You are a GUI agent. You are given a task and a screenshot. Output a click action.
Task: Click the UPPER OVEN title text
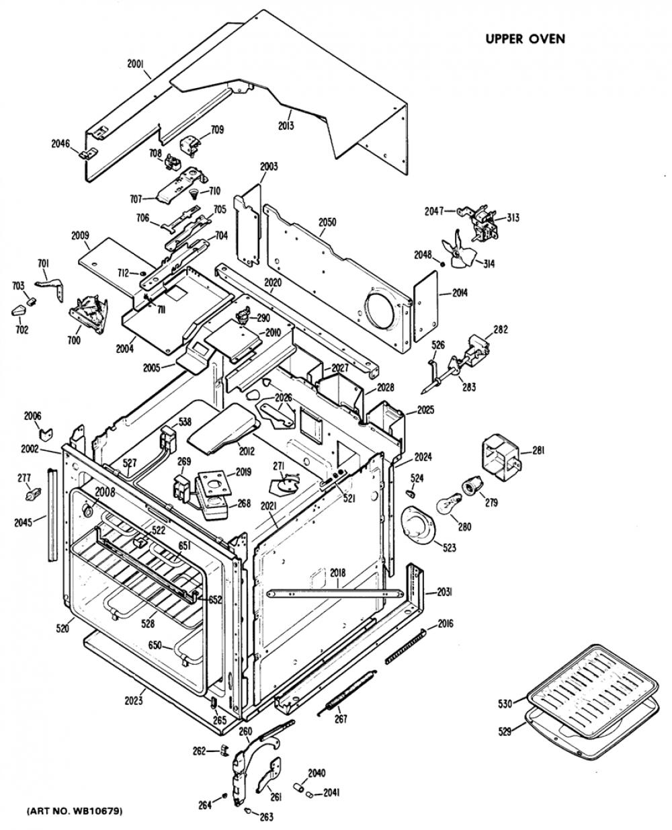[525, 38]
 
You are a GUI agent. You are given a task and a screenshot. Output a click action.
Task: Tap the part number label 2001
[136, 64]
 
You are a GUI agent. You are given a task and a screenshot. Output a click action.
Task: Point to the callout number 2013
[286, 126]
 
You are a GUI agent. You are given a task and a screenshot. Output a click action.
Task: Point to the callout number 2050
[327, 222]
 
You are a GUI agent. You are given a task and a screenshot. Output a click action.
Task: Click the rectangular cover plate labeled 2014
[425, 306]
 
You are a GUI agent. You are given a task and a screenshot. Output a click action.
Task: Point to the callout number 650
[155, 645]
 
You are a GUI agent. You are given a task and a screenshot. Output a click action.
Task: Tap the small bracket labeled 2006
[46, 434]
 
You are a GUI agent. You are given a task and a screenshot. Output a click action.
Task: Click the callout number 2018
[338, 573]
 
